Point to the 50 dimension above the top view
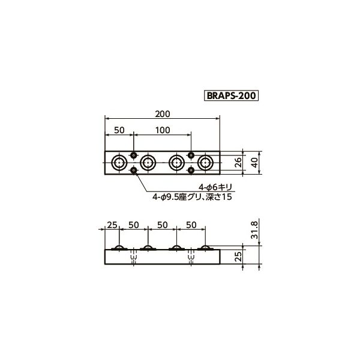pyautogui.click(x=119, y=130)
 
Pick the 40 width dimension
pyautogui.click(x=255, y=161)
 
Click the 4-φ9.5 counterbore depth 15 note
pyautogui.click(x=191, y=196)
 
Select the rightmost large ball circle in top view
pyautogui.click(x=206, y=162)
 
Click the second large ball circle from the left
pyautogui.click(x=148, y=162)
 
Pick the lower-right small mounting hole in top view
pyautogui.click(x=191, y=170)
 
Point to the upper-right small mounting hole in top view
pyautogui.click(x=191, y=154)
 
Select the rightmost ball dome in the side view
pyautogui.click(x=206, y=248)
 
